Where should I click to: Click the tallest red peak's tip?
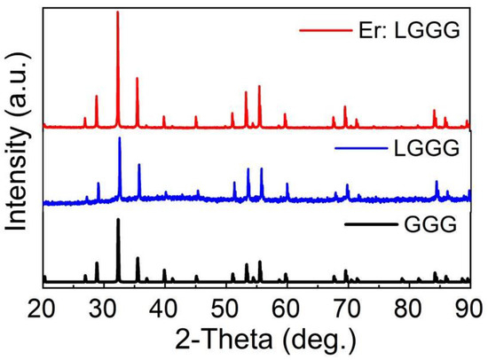tap(117, 12)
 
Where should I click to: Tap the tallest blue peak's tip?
tap(119, 137)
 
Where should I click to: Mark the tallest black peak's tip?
tap(117, 218)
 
